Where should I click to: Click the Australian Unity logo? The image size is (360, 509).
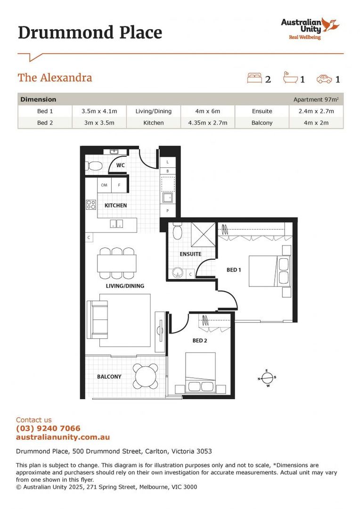tap(310, 28)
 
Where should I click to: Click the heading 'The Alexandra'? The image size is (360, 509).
tap(55, 78)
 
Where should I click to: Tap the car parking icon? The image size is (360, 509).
tap(324, 79)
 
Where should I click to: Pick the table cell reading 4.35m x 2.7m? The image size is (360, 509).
tap(207, 123)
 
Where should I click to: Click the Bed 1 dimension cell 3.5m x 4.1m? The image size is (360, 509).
tap(99, 111)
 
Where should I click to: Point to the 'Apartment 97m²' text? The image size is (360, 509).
tap(315, 99)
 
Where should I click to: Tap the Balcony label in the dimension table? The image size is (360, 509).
tap(262, 123)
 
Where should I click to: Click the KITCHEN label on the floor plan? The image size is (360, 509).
tap(115, 205)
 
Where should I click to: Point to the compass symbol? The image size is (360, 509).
tap(267, 378)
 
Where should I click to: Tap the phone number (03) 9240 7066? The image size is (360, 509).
tap(48, 428)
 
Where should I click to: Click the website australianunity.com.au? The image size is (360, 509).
tap(63, 437)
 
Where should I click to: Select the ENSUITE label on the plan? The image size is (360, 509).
tap(190, 254)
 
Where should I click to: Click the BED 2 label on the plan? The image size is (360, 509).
tap(200, 340)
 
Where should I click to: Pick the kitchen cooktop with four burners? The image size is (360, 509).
tap(90, 205)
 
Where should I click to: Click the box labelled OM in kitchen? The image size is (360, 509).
tap(104, 185)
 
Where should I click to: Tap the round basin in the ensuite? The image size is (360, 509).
tap(178, 272)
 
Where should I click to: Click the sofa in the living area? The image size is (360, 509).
tap(98, 319)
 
